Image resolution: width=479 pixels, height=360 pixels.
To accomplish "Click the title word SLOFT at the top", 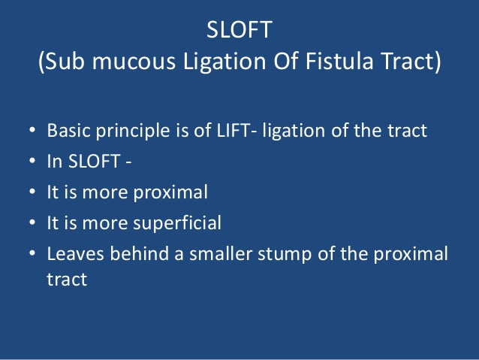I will tap(239, 32).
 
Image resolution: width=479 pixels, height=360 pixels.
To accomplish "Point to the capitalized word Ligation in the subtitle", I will tap(213, 62).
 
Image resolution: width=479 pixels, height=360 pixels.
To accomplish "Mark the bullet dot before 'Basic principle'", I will tap(32, 132).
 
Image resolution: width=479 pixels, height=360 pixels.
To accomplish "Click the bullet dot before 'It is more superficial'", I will tap(32, 223).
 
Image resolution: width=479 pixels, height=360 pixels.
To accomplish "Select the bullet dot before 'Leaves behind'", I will tap(32, 254).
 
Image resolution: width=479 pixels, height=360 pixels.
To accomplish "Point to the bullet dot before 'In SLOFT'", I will tap(32, 162).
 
